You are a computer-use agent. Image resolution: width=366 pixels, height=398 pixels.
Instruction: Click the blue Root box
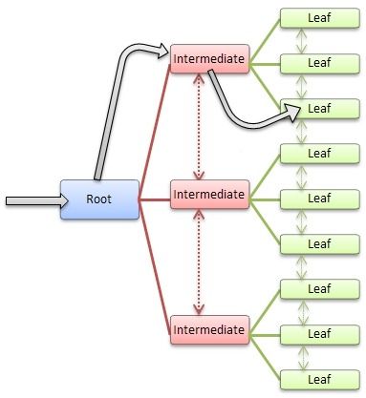pyautogui.click(x=99, y=199)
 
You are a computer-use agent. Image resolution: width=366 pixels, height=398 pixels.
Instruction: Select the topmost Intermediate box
pyautogui.click(x=208, y=60)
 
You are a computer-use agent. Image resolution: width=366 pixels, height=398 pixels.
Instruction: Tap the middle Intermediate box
pyautogui.click(x=208, y=196)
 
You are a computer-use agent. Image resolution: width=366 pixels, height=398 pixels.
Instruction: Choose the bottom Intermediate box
pyautogui.click(x=208, y=330)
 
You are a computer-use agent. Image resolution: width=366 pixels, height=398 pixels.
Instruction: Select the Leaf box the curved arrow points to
pyautogui.click(x=320, y=108)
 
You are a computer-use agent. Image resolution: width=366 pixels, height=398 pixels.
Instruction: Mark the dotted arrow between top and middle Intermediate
pyautogui.click(x=199, y=129)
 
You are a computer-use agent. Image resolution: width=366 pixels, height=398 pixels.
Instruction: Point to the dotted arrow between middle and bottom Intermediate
pyautogui.click(x=199, y=263)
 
